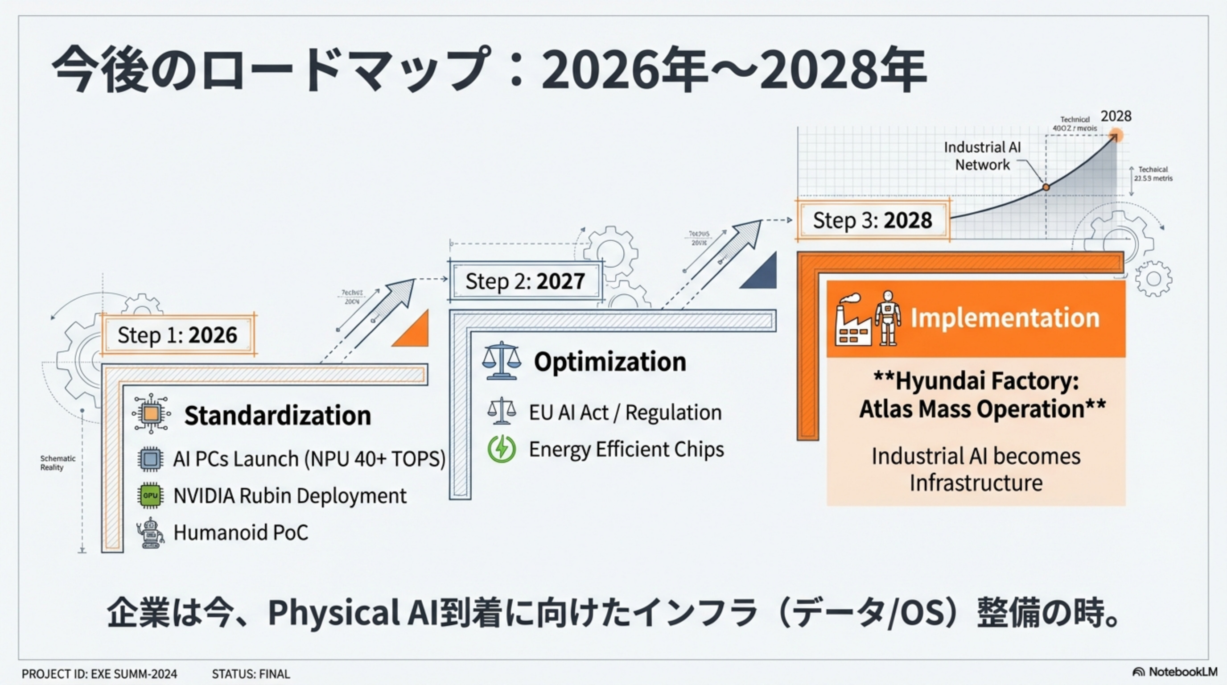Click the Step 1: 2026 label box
177,335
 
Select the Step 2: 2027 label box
525,281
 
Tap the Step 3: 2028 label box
872,220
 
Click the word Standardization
277,415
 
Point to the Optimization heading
609,362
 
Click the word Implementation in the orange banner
1005,318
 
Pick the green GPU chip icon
150,495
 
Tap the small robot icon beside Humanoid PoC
151,532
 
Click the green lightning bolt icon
501,449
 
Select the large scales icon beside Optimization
501,361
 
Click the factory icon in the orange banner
853,321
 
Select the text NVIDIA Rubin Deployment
290,495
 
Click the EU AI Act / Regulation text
625,412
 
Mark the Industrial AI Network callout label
982,156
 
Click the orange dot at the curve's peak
1116,136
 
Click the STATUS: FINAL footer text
251,674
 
